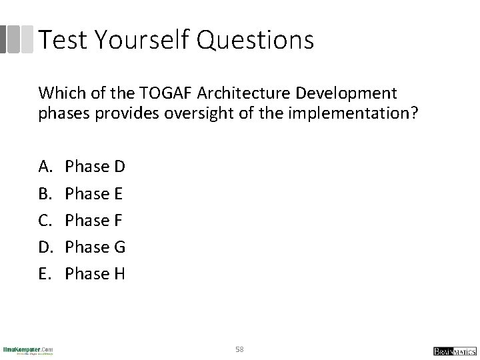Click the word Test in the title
pyautogui.click(x=64, y=40)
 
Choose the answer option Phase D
pyautogui.click(x=95, y=167)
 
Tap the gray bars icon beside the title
pyautogui.click(x=16, y=39)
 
